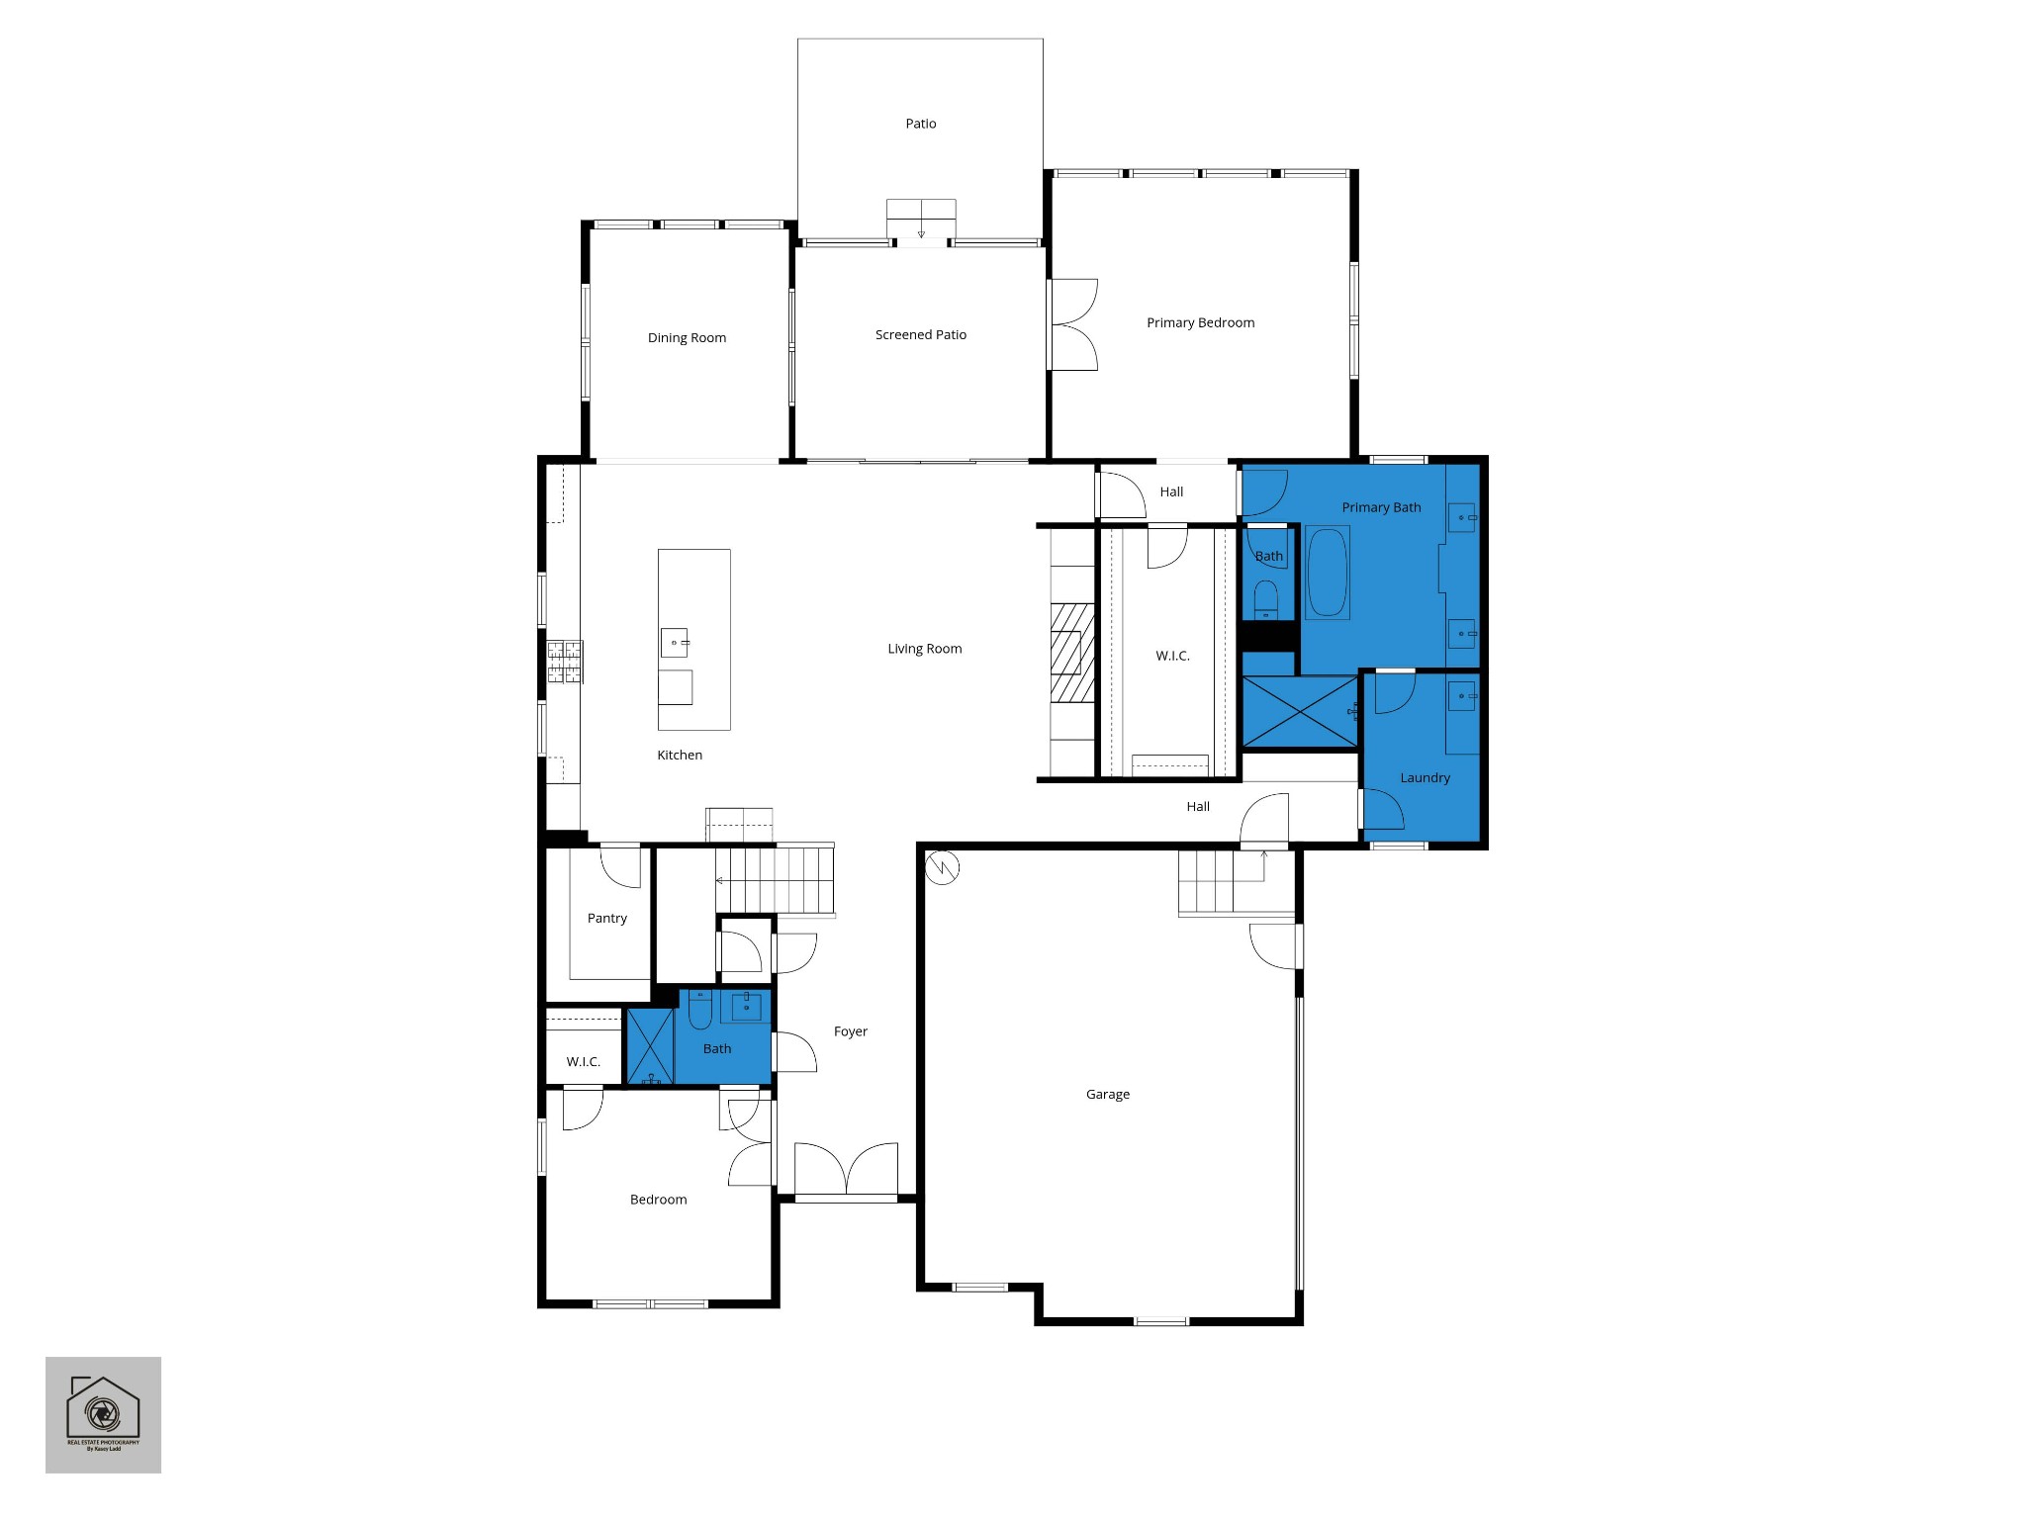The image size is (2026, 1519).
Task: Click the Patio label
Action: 920,124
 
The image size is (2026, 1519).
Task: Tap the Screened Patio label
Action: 920,335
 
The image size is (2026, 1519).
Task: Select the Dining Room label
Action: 687,338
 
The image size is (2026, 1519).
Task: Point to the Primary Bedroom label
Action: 1200,323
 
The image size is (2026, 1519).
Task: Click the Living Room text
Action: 924,649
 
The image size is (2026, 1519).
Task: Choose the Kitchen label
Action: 680,756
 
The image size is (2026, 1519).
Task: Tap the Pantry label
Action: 606,919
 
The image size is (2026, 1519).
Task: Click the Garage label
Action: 1107,1095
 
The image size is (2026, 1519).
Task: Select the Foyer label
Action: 850,1031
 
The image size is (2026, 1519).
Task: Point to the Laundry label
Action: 1425,778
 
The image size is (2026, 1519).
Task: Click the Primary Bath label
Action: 1381,507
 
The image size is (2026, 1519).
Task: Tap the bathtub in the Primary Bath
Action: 1328,574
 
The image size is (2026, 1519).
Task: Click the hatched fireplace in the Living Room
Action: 1072,653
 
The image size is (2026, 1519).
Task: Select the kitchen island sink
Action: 675,643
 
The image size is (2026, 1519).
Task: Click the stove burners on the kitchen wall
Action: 565,663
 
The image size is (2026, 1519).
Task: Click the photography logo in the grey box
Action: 103,1413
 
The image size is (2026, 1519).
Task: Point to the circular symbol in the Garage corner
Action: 942,868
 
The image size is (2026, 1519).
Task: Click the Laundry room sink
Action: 1462,696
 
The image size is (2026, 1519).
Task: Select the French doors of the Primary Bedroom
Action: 1073,324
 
